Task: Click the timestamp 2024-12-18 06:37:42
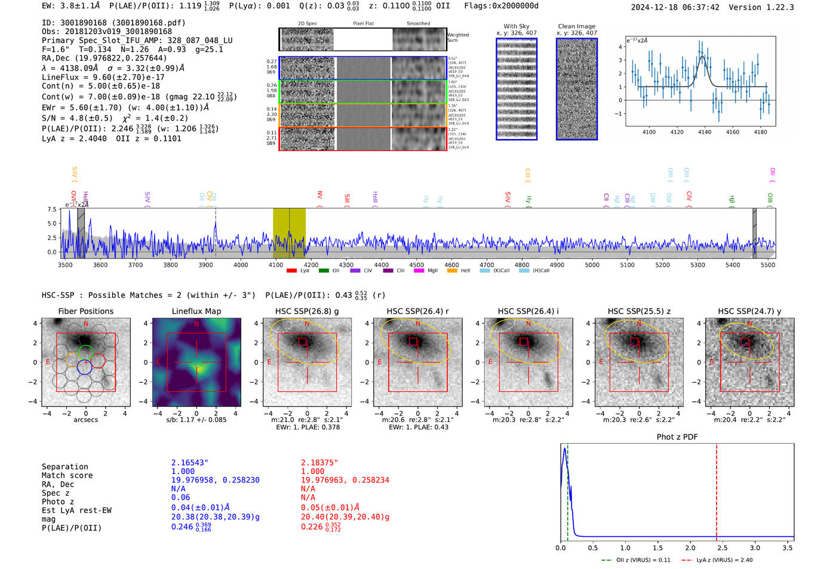click(x=675, y=8)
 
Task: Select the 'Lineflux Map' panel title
click(x=196, y=311)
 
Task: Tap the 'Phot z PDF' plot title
click(x=677, y=437)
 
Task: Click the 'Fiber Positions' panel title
click(x=85, y=311)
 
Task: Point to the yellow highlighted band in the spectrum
click(x=289, y=233)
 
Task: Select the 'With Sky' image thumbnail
click(x=517, y=89)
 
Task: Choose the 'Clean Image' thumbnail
click(x=577, y=89)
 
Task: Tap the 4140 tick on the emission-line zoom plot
click(x=705, y=132)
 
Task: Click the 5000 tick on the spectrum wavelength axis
click(x=592, y=265)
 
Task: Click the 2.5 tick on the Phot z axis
click(x=723, y=548)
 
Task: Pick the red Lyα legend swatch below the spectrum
click(x=291, y=270)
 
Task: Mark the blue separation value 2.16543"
click(x=189, y=463)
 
